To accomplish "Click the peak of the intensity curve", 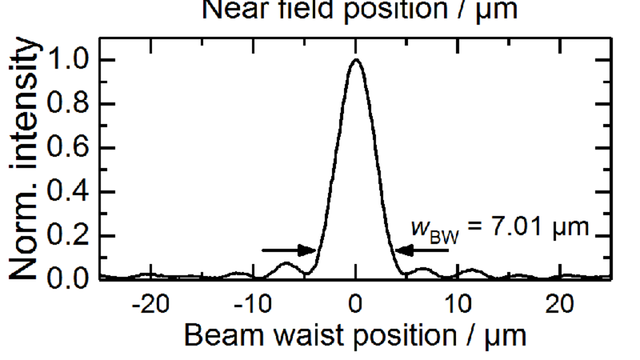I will point(356,60).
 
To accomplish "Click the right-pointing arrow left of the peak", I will point(289,251).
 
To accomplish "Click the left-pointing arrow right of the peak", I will point(422,251).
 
